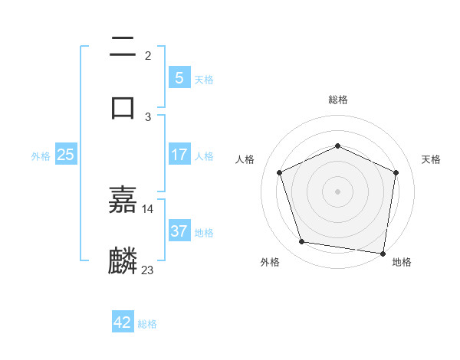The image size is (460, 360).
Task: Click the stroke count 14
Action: (148, 208)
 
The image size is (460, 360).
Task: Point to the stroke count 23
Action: (148, 270)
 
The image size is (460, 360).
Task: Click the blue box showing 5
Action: (179, 77)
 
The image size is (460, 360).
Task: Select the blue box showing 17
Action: (179, 155)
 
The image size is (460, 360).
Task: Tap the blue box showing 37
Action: (179, 231)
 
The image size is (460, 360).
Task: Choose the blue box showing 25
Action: (65, 155)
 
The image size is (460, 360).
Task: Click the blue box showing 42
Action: (123, 322)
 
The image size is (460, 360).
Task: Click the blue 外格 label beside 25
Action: (41, 155)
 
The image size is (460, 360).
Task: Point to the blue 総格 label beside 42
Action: (147, 324)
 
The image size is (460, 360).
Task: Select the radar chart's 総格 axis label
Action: (338, 100)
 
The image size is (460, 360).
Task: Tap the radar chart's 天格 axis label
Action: (431, 159)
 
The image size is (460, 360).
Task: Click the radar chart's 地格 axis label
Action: (402, 262)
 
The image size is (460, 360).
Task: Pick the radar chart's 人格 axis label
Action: (245, 159)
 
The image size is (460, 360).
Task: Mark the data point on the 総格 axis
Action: (338, 146)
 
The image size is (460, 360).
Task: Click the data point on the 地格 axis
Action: (383, 252)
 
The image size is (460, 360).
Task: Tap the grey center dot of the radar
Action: (338, 191)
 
